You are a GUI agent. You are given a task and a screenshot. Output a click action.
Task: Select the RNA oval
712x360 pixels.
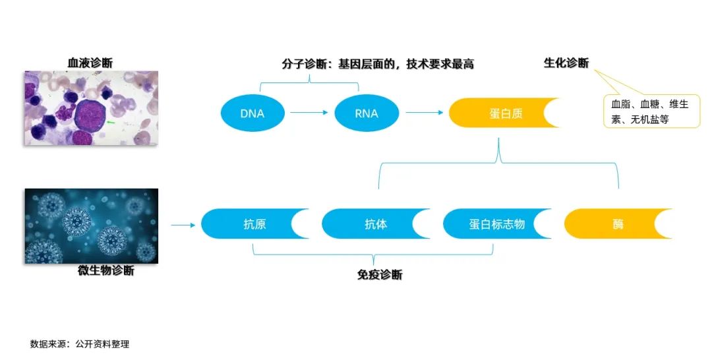click(x=366, y=113)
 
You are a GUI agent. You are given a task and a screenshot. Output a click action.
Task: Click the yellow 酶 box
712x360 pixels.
click(x=617, y=224)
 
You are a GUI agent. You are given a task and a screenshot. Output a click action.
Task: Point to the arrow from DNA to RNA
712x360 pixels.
click(x=309, y=113)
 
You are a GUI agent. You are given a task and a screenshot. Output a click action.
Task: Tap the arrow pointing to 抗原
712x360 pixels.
click(x=183, y=225)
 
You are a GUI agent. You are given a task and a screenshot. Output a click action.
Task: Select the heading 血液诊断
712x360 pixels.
click(x=90, y=63)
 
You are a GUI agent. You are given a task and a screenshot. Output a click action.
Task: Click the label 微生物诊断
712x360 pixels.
click(x=106, y=270)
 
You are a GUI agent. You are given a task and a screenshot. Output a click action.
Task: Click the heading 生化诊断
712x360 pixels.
click(x=566, y=63)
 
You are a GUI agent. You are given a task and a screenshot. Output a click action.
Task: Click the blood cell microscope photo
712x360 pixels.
click(x=92, y=107)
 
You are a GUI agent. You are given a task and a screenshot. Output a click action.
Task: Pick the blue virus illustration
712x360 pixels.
click(x=92, y=225)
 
